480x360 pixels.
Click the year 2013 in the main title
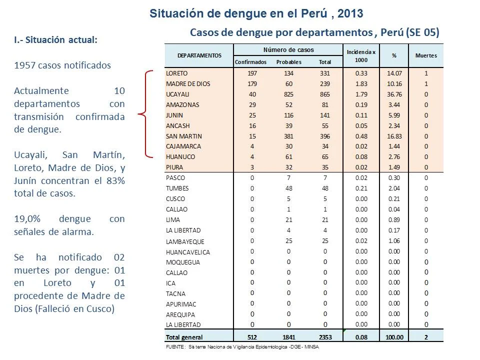350,14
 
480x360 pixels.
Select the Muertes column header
426,55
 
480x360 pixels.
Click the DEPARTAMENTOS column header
199,55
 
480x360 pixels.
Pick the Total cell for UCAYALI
325,94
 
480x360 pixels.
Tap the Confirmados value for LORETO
252,73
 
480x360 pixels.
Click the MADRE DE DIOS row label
188,84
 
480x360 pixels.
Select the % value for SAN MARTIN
394,136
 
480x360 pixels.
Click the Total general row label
184,337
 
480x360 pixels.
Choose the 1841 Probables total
288,337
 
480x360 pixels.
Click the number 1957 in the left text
25,65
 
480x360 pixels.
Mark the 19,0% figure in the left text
27,219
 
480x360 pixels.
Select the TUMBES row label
177,188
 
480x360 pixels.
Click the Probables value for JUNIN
288,115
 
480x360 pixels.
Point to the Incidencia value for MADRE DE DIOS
361,84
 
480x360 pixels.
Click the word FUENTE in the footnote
175,347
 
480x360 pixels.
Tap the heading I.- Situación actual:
55,40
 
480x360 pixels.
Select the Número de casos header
288,50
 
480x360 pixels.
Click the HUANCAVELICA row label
188,252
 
